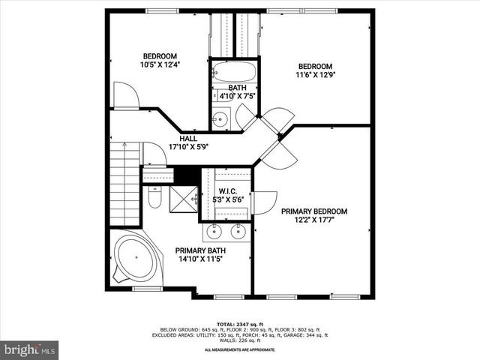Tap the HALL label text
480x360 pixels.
(188, 139)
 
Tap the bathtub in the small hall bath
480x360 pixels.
(234, 73)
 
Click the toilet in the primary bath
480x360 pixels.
(154, 198)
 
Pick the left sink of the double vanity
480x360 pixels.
(214, 229)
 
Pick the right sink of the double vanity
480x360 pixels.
(239, 229)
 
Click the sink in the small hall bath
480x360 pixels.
(220, 118)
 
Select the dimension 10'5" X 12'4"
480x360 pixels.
(160, 65)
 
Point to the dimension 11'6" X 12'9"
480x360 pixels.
(314, 74)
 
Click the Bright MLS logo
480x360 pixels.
(30, 349)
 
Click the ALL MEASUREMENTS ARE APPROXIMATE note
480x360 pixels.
(240, 349)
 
